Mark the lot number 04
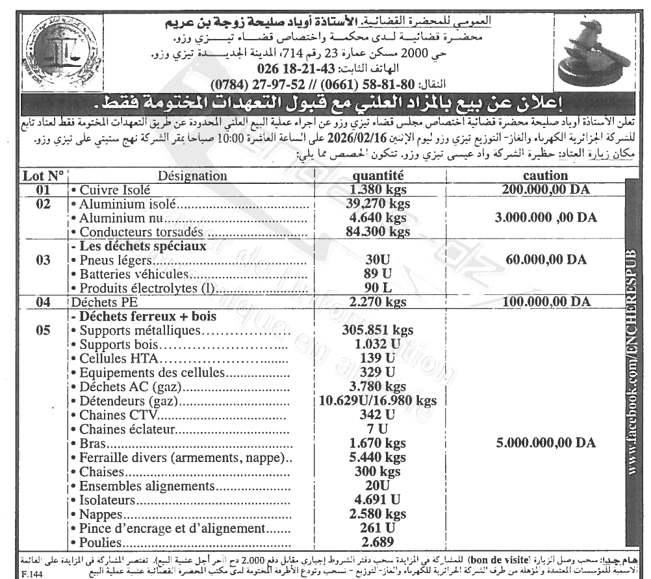44,302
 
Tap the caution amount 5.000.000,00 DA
545,443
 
